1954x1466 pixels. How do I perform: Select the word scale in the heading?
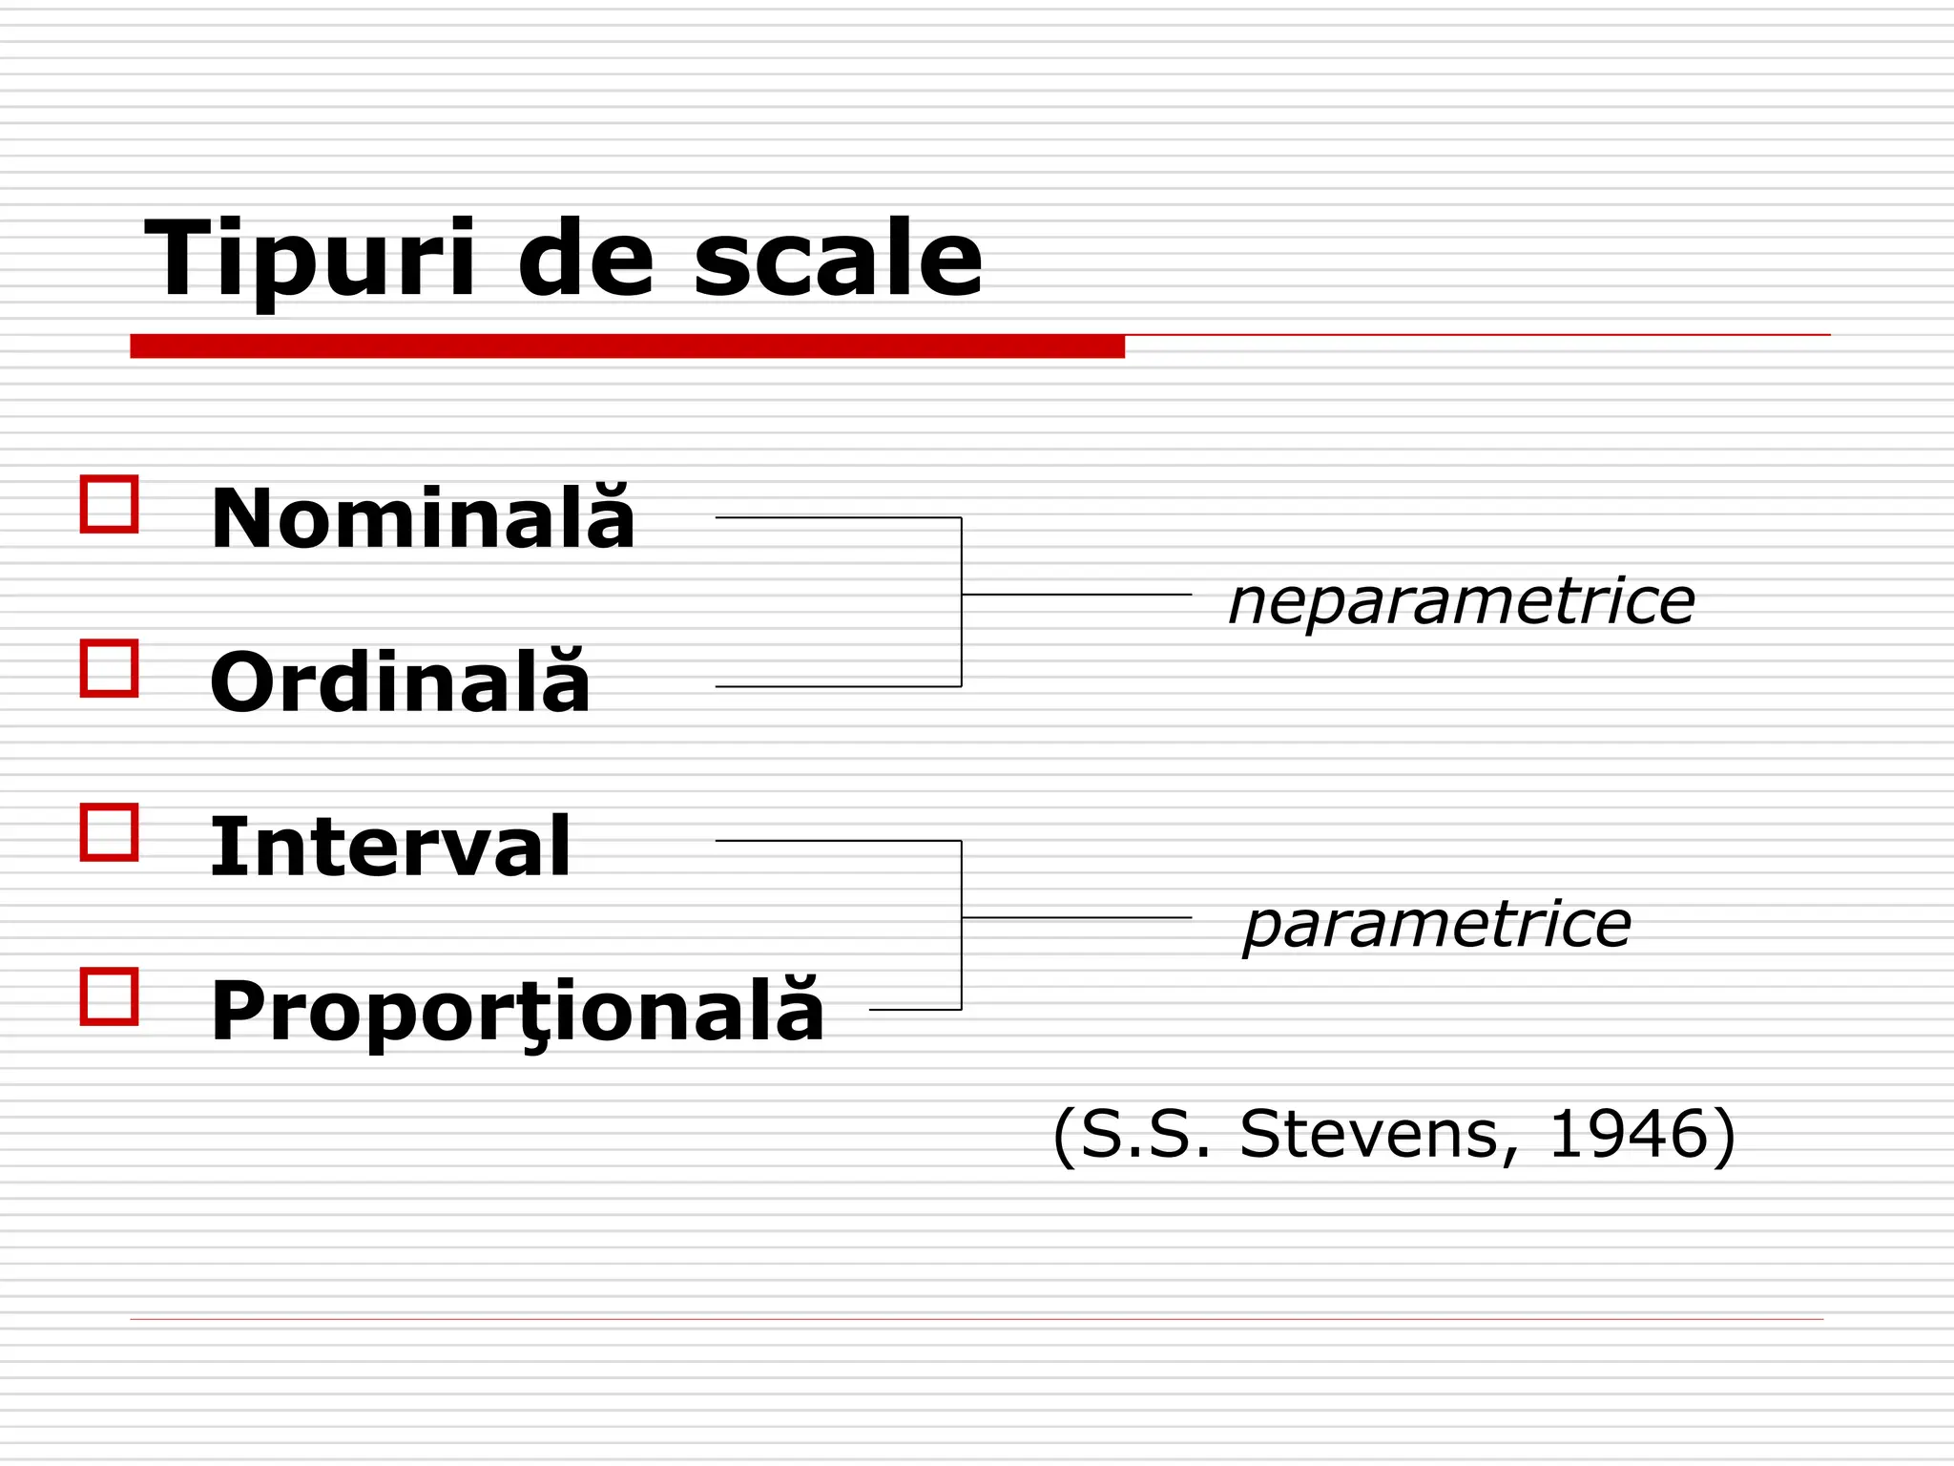(x=837, y=260)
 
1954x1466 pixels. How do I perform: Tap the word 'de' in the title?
(x=585, y=260)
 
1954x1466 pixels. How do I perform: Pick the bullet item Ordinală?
(x=400, y=682)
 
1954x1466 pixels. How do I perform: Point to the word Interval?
(x=390, y=847)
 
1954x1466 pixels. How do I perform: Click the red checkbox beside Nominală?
(x=110, y=504)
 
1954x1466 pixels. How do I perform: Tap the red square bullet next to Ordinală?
(x=110, y=668)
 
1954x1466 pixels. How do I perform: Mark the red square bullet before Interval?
(x=110, y=832)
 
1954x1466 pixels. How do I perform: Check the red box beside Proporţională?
(x=110, y=996)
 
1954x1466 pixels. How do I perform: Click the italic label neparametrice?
(x=1461, y=602)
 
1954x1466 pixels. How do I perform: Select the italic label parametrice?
(x=1437, y=925)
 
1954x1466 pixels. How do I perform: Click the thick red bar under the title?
(x=627, y=346)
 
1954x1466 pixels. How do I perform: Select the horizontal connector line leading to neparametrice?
(x=1076, y=595)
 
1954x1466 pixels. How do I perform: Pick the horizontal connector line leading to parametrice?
(x=1076, y=917)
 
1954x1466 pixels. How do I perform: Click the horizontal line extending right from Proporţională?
(x=915, y=1009)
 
